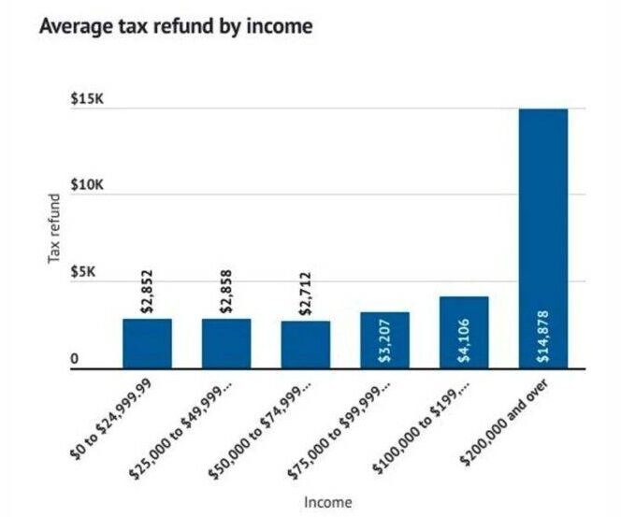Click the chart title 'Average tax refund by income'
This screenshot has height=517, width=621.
(x=175, y=27)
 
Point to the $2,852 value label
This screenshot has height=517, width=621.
(x=147, y=293)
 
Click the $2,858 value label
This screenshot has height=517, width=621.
(x=226, y=293)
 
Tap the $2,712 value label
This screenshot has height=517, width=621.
(x=306, y=294)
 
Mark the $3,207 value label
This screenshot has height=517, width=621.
(x=385, y=340)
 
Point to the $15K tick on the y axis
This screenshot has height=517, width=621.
(x=88, y=102)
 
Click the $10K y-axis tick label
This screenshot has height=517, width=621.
(x=88, y=187)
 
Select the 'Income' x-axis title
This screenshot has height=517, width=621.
(x=328, y=501)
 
